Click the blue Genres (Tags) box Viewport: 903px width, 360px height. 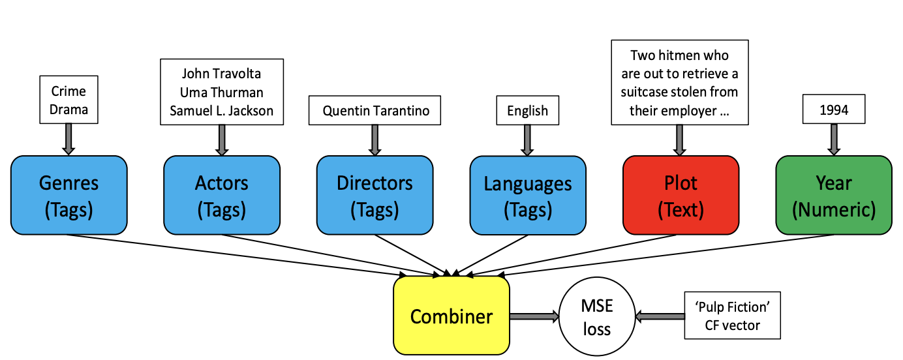(69, 195)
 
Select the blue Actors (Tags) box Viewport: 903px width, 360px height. (222, 195)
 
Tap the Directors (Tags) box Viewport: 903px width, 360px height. (375, 195)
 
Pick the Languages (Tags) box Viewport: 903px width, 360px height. (528, 196)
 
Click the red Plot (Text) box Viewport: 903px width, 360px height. (681, 195)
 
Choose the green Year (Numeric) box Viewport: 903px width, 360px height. (834, 195)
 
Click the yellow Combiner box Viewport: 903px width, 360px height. (451, 316)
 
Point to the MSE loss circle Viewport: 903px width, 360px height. (597, 316)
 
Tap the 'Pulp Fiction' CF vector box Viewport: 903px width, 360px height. (733, 316)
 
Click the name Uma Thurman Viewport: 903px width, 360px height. (222, 93)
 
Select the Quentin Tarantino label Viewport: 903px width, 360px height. (376, 110)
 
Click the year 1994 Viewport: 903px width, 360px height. (834, 110)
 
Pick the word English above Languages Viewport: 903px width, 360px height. (527, 111)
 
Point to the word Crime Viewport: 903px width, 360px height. (69, 91)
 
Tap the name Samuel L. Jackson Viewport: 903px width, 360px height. (222, 110)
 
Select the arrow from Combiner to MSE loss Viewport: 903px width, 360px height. (534, 316)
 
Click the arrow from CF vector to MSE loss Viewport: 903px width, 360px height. (660, 316)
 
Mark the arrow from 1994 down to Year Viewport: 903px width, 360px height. (834, 140)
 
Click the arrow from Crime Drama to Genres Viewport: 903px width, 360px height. (69, 139)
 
